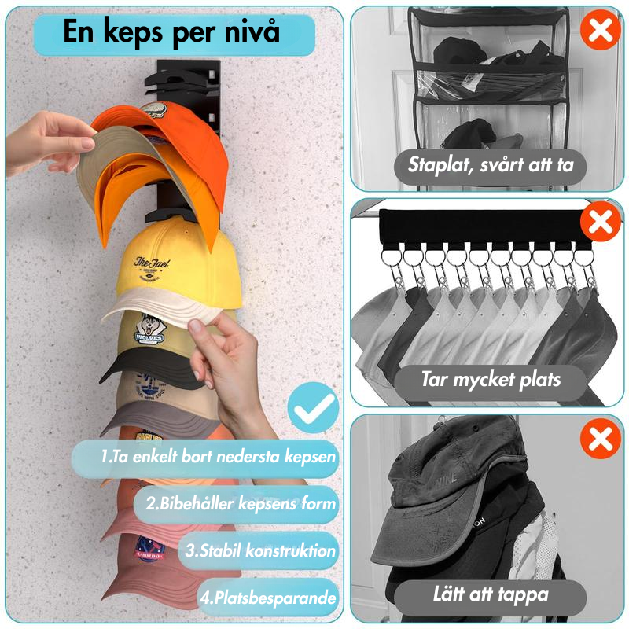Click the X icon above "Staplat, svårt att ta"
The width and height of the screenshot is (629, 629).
pos(601,31)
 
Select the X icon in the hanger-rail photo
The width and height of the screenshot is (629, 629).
pos(601,223)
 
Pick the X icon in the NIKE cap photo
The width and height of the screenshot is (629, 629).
pos(601,439)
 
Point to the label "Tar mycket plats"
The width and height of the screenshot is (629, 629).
pos(491,380)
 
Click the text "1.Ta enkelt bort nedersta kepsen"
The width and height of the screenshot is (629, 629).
pos(218,456)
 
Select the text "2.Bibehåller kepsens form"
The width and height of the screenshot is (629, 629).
pos(240,503)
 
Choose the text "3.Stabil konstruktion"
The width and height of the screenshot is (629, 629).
pos(260,550)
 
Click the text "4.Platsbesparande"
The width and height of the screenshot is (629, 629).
pos(267,597)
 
